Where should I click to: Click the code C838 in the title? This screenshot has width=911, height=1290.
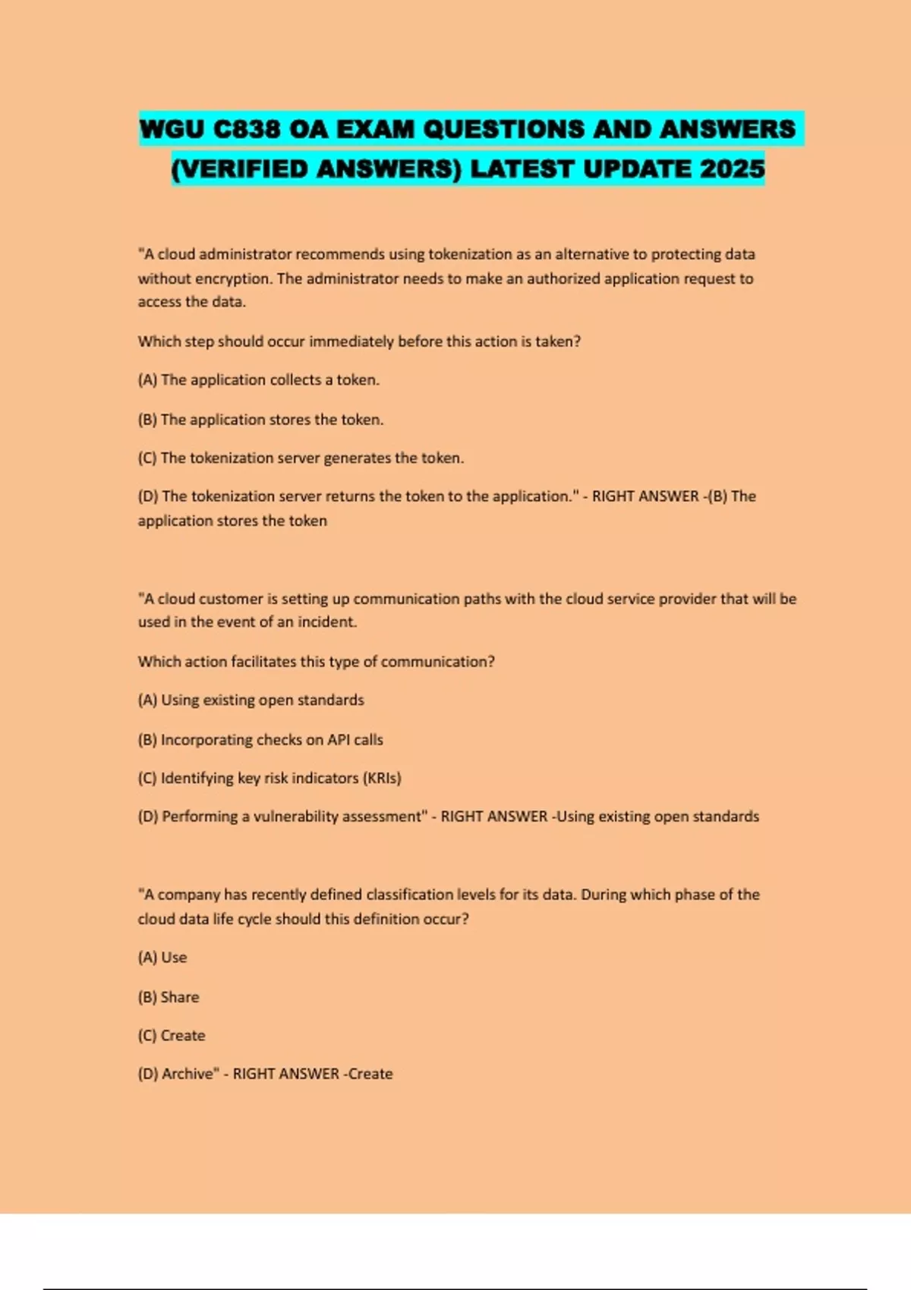click(x=246, y=130)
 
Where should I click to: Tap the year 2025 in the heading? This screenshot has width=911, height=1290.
click(x=732, y=168)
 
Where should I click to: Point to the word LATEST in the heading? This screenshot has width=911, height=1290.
click(x=522, y=168)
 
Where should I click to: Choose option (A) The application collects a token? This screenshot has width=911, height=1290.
click(x=258, y=380)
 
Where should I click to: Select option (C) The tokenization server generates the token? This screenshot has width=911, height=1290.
click(x=301, y=458)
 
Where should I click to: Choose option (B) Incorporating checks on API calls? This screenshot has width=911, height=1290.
click(x=260, y=740)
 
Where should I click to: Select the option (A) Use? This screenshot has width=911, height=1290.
click(x=162, y=958)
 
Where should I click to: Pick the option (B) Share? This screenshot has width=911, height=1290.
click(x=169, y=997)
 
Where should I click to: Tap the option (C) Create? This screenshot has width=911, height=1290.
click(x=172, y=1036)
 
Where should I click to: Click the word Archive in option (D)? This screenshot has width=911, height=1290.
click(x=190, y=1074)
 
